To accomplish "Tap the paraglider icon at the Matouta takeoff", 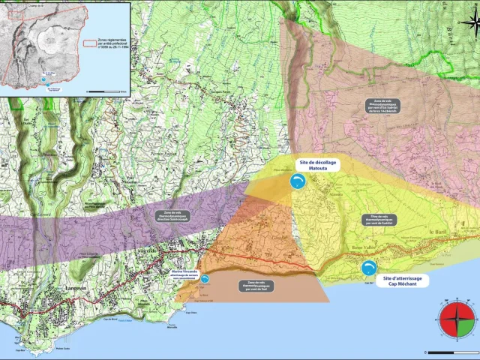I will pos(298,182).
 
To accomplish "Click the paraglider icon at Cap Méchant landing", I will pos(368,268).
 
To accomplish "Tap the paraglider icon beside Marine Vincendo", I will pos(205,278).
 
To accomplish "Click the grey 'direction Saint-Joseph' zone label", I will pos(172,216).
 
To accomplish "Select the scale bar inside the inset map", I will pos(105,91).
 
